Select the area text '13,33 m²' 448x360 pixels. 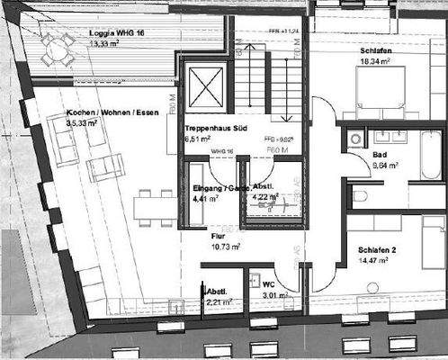click(107, 45)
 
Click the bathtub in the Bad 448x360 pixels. click(430, 157)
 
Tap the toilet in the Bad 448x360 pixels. click(360, 195)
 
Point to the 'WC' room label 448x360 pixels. click(267, 284)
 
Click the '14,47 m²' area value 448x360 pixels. click(372, 260)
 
